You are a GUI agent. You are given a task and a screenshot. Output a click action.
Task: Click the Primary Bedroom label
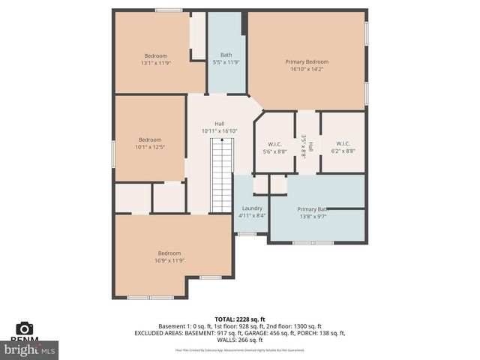click(x=307, y=61)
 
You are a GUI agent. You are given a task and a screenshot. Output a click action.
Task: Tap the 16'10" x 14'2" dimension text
click(x=307, y=70)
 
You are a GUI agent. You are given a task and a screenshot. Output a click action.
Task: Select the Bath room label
click(x=226, y=55)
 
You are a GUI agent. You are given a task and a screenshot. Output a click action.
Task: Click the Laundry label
click(x=250, y=208)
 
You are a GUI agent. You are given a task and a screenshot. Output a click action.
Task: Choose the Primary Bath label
click(x=312, y=209)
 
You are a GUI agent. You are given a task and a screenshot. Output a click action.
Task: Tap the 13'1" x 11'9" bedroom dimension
click(x=156, y=63)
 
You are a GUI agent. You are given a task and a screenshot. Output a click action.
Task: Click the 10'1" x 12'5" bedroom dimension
click(x=149, y=147)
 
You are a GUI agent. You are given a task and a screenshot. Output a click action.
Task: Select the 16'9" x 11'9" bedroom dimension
click(x=169, y=260)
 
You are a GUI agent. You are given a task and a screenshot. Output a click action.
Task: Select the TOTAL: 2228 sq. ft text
click(x=239, y=319)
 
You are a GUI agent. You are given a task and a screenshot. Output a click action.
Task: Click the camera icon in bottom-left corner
click(x=25, y=328)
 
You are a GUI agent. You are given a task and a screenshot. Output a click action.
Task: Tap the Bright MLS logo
click(x=30, y=349)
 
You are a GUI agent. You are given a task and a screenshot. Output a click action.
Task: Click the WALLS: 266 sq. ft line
click(x=239, y=340)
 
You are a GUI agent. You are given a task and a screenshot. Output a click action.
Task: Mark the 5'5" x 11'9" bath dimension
click(x=226, y=63)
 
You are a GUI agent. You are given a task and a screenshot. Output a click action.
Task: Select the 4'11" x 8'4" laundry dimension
click(x=250, y=216)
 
